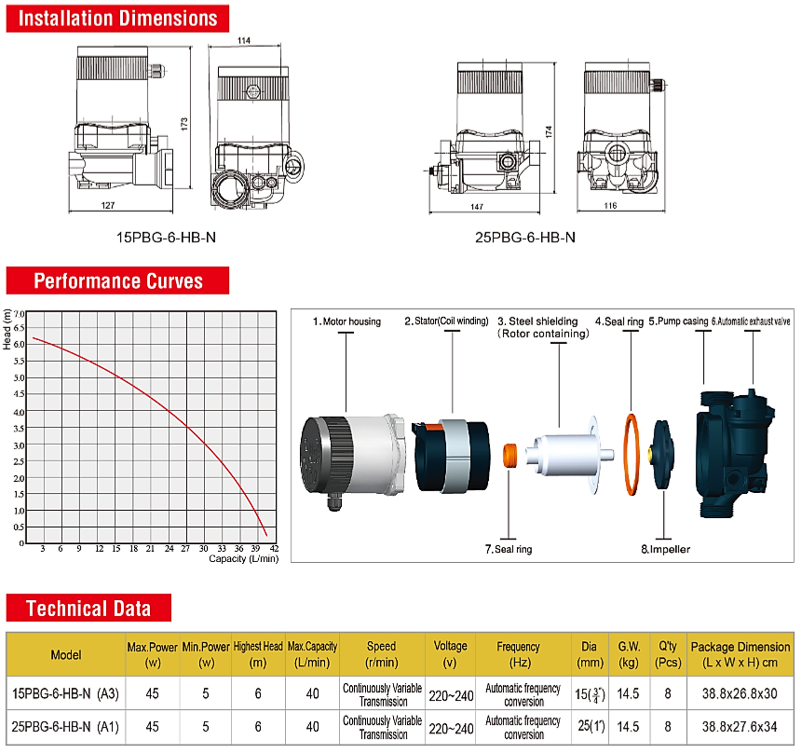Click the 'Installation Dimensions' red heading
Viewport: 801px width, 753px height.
pyautogui.click(x=117, y=19)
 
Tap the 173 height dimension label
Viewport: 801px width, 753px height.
pyautogui.click(x=184, y=124)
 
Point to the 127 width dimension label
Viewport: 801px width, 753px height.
pyautogui.click(x=108, y=206)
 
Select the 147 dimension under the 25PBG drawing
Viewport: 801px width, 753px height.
pyautogui.click(x=477, y=207)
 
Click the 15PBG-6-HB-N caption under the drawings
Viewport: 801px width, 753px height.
pyautogui.click(x=166, y=238)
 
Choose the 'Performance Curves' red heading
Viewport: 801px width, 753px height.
pyautogui.click(x=117, y=281)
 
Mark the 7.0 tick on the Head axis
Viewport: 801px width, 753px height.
pyautogui.click(x=19, y=314)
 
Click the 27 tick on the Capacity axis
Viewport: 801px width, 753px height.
pyautogui.click(x=185, y=549)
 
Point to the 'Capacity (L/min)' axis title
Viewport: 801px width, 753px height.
pyautogui.click(x=244, y=559)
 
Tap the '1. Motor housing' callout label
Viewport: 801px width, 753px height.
pyautogui.click(x=346, y=322)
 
